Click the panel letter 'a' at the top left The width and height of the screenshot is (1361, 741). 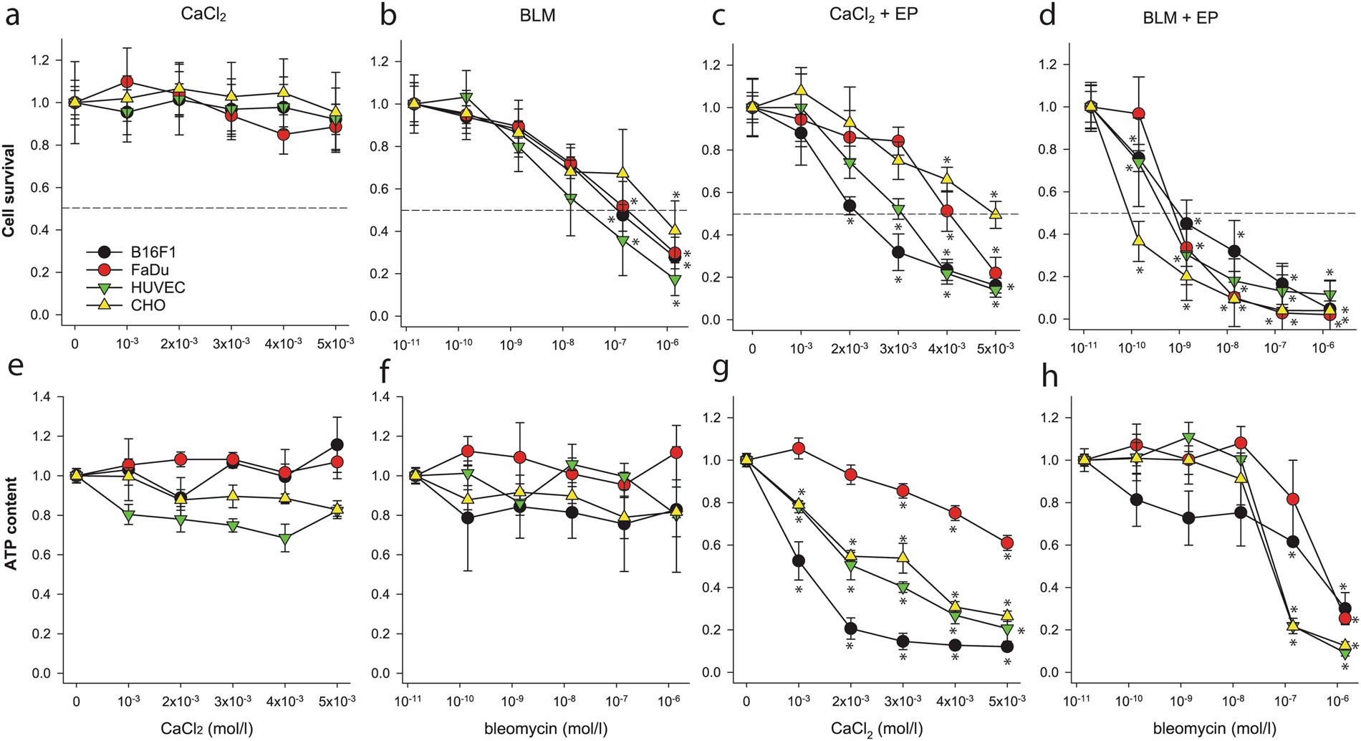(x=12, y=16)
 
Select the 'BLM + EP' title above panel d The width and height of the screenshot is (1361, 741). (x=1180, y=18)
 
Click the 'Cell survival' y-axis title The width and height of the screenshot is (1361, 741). (x=9, y=190)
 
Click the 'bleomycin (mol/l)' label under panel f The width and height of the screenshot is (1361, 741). (x=546, y=730)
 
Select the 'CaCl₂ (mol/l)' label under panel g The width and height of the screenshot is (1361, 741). (x=877, y=730)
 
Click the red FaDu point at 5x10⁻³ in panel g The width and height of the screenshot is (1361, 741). (x=1007, y=543)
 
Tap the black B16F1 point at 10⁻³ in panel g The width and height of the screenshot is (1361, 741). (x=799, y=560)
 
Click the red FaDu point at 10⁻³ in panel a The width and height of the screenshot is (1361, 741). (x=128, y=82)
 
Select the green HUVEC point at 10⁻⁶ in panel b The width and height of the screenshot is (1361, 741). (x=675, y=280)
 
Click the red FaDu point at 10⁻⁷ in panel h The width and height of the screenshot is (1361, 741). (x=1294, y=499)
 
